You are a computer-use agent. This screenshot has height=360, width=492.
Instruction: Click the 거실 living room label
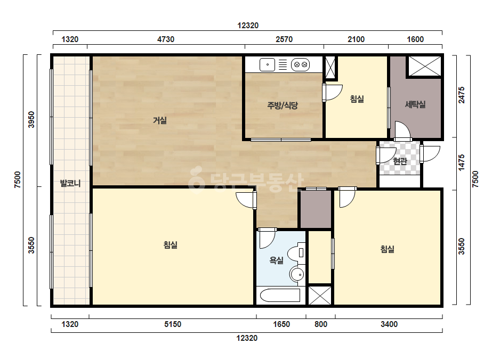pyautogui.click(x=160, y=120)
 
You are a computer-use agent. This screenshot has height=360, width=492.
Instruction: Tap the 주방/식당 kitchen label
pyautogui.click(x=283, y=105)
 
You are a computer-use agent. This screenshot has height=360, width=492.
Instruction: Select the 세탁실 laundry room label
pyautogui.click(x=415, y=104)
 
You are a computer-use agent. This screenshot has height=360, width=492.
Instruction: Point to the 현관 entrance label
pyautogui.click(x=400, y=161)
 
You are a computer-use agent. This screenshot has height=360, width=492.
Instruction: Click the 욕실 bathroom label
pyautogui.click(x=277, y=260)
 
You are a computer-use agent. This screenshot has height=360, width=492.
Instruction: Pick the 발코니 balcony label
pyautogui.click(x=70, y=183)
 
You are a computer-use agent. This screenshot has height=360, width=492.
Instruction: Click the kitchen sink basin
pyautogui.click(x=268, y=65)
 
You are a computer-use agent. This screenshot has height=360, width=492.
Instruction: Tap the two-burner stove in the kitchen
pyautogui.click(x=300, y=65)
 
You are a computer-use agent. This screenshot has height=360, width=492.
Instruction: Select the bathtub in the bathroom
pyautogui.click(x=280, y=296)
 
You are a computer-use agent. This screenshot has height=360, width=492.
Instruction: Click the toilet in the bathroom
pyautogui.click(x=296, y=253)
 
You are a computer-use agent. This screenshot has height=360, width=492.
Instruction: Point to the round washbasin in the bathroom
pyautogui.click(x=297, y=275)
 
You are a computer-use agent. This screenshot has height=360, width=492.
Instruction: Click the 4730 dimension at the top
pyautogui.click(x=166, y=39)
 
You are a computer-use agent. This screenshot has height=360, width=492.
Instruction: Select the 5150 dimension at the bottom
pyautogui.click(x=173, y=324)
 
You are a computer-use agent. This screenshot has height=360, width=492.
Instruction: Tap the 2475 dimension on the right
pyautogui.click(x=462, y=95)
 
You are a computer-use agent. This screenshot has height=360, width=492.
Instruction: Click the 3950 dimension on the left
pyautogui.click(x=31, y=119)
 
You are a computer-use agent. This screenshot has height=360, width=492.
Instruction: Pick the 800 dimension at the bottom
pyautogui.click(x=321, y=324)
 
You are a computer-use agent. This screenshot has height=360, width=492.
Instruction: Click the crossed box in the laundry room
pyautogui.click(x=425, y=66)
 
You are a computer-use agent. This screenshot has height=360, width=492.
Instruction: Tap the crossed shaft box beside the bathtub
pyautogui.click(x=320, y=295)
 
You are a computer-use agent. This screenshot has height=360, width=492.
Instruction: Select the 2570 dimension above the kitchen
pyautogui.click(x=284, y=39)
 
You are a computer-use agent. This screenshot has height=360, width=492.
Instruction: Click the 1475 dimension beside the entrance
pyautogui.click(x=462, y=162)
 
